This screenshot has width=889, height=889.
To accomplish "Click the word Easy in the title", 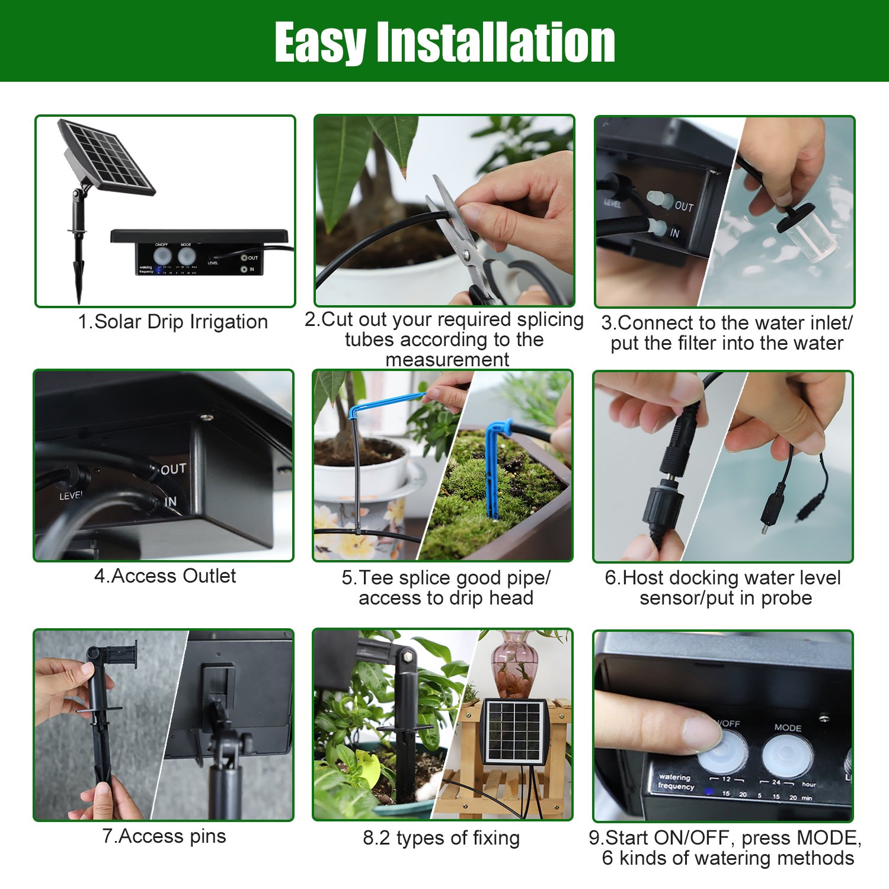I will point(320,43).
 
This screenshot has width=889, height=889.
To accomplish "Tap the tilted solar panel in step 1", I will point(107,157).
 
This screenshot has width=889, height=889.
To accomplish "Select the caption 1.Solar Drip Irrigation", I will point(172,322).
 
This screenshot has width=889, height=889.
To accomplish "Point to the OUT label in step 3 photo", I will point(683,206).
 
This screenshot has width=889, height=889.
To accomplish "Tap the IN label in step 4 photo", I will point(170,502).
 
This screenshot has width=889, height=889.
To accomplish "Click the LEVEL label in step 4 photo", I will point(71,495).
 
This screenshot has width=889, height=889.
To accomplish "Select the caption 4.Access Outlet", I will point(165,576).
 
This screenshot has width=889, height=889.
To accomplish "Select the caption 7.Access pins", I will point(164,836).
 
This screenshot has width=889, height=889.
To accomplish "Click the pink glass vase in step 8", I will point(514,664).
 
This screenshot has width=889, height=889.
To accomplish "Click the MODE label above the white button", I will point(788,727).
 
